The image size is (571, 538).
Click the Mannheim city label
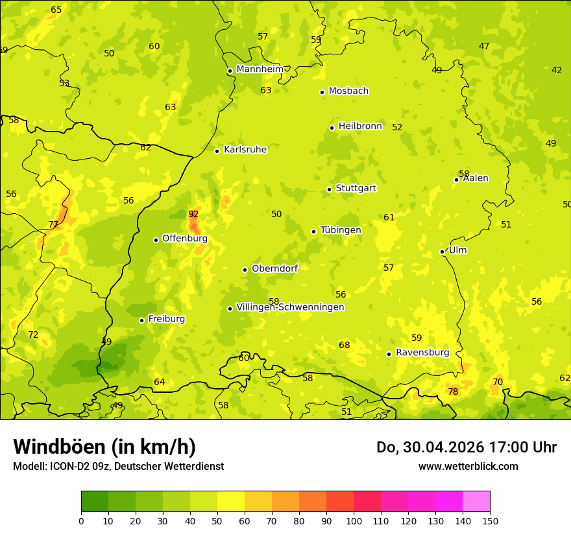tap(260, 69)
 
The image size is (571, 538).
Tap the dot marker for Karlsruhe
tap(217, 151)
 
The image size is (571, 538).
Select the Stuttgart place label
tap(356, 188)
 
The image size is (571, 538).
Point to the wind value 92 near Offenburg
tap(193, 214)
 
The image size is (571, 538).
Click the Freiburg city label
tap(166, 319)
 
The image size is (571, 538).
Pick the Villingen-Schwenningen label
tap(290, 307)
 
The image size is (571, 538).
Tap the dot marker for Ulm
tap(443, 251)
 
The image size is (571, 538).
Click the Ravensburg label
tap(422, 353)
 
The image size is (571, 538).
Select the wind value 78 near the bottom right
tap(453, 392)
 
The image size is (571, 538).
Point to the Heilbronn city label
tap(360, 126)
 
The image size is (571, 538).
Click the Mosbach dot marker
tap(322, 92)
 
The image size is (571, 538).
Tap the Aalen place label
tap(476, 178)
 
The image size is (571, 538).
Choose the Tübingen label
tap(341, 230)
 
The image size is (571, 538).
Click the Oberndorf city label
tap(274, 268)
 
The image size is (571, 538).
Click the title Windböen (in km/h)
tap(104, 447)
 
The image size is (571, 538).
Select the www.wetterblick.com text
tap(468, 466)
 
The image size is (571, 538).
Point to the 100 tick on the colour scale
tap(354, 520)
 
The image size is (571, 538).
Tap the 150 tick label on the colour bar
tap(490, 520)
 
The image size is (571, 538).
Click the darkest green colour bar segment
tap(95, 502)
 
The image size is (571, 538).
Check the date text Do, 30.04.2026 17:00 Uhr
tap(466, 447)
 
